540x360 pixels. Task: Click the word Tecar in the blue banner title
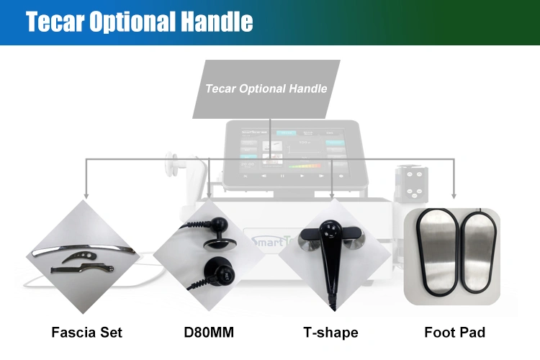pyautogui.click(x=55, y=22)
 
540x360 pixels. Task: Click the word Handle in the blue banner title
pyautogui.click(x=217, y=22)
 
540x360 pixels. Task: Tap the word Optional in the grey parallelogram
pyautogui.click(x=262, y=89)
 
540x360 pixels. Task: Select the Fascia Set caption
pyautogui.click(x=87, y=333)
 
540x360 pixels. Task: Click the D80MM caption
pyautogui.click(x=209, y=333)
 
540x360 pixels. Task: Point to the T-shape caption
pyautogui.click(x=330, y=333)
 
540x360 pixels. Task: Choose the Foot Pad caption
pyautogui.click(x=454, y=333)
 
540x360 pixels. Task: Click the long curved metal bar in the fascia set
pyautogui.click(x=83, y=248)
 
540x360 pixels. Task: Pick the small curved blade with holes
pyautogui.click(x=79, y=256)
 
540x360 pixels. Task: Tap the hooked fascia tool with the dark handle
pyautogui.click(x=83, y=269)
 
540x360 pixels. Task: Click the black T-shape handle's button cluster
pyautogui.click(x=330, y=231)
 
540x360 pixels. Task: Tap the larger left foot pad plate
pyautogui.click(x=437, y=252)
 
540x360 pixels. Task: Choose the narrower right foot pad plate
pyautogui.click(x=478, y=253)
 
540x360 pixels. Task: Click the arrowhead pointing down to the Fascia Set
pyautogui.click(x=86, y=196)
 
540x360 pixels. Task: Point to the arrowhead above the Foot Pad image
pyautogui.click(x=454, y=196)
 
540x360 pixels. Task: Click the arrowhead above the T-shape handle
pyautogui.click(x=332, y=195)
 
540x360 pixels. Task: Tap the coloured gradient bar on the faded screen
pyautogui.click(x=305, y=166)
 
